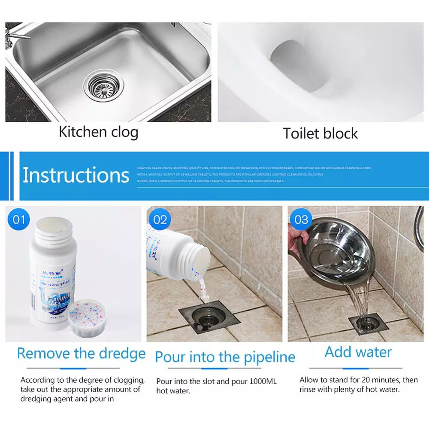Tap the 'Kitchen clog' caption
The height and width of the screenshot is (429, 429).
pos(99,132)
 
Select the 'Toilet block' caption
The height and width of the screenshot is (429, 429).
pos(320,133)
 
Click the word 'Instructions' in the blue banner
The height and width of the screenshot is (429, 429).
pos(76,175)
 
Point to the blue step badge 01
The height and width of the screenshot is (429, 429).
pos(19,220)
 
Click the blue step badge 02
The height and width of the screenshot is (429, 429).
pos(160,220)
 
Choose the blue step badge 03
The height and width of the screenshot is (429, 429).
pos(301,220)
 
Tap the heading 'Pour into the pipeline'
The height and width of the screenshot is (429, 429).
pos(225,357)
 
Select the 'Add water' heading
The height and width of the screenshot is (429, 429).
pos(358,352)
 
